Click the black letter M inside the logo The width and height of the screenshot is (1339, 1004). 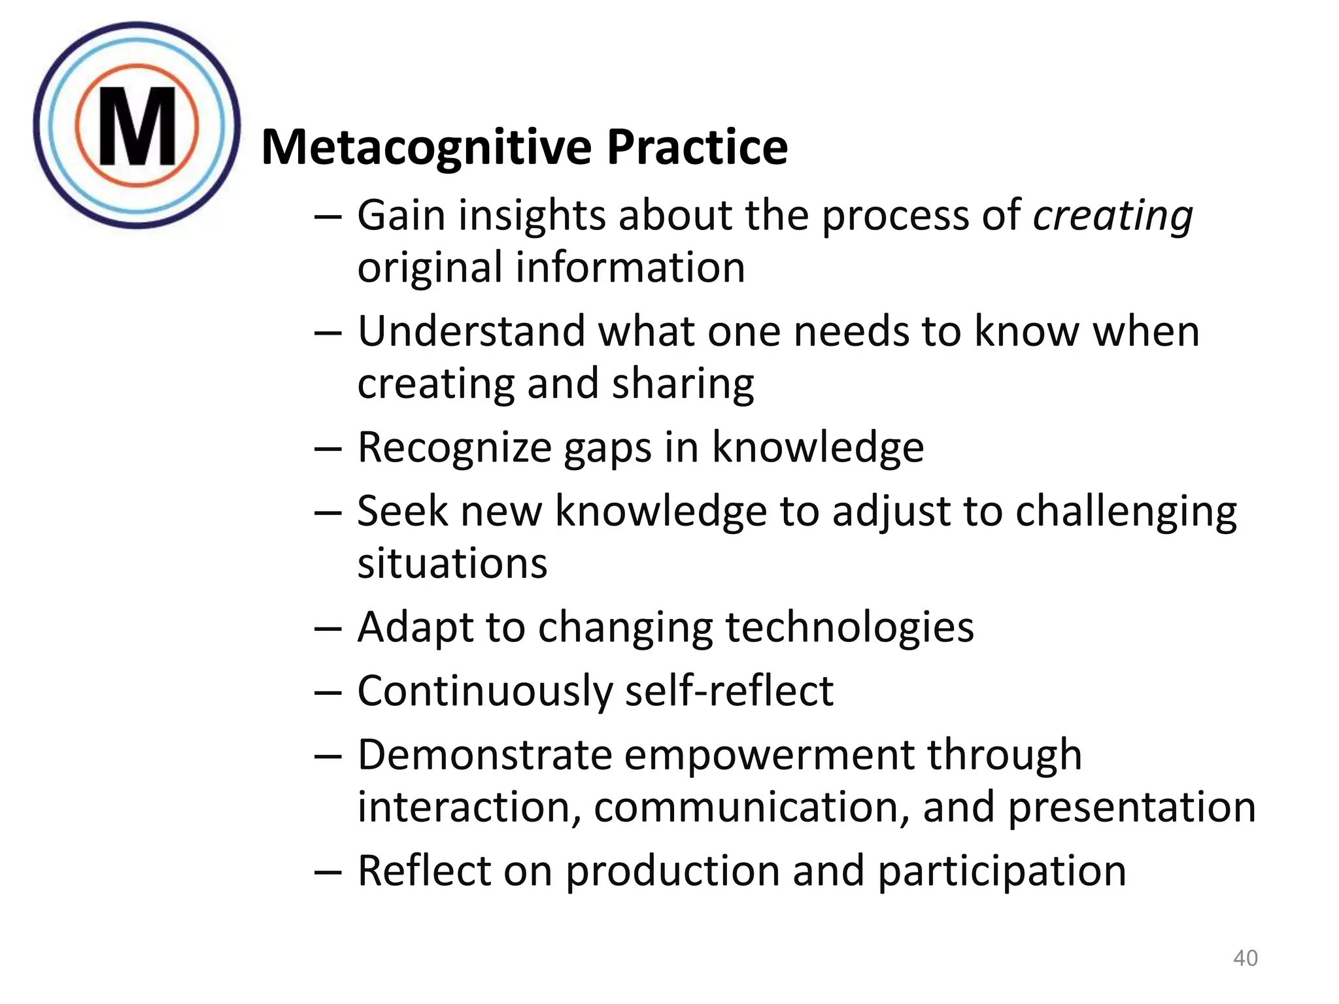[x=137, y=126]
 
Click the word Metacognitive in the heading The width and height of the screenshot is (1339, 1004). [x=424, y=147]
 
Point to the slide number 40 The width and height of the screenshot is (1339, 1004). [x=1245, y=958]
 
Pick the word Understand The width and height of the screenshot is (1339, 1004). [x=471, y=331]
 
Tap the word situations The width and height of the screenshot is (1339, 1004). [x=452, y=563]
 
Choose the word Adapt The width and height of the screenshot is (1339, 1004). [x=415, y=627]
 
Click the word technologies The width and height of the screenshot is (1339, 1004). [x=849, y=627]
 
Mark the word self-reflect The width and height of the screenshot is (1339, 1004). [x=729, y=691]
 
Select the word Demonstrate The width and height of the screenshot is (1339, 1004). [x=484, y=755]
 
